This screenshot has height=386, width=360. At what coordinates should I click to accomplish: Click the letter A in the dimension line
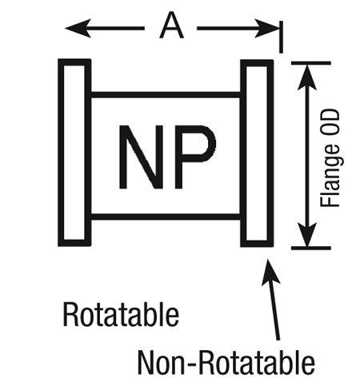[x=171, y=26]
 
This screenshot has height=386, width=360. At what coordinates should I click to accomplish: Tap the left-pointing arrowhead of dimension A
[x=78, y=28]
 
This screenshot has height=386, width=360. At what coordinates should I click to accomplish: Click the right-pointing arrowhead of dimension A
[x=266, y=28]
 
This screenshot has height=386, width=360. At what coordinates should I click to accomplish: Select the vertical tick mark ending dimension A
[x=281, y=37]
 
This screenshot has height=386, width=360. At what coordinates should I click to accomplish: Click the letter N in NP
[x=141, y=157]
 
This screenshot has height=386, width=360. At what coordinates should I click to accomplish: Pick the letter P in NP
[x=195, y=157]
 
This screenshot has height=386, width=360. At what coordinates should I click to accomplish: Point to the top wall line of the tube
[x=166, y=94]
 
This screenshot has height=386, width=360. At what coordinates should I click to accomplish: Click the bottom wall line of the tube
[x=166, y=217]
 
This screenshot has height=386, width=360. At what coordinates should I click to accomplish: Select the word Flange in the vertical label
[x=331, y=175]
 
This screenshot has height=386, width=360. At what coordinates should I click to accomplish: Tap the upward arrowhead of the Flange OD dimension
[x=307, y=78]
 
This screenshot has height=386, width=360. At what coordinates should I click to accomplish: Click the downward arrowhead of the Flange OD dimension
[x=307, y=234]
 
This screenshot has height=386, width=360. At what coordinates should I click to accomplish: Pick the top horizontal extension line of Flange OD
[x=311, y=63]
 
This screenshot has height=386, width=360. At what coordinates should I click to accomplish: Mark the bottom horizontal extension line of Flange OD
[x=311, y=248]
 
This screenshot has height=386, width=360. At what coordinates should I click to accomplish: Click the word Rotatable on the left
[x=121, y=314]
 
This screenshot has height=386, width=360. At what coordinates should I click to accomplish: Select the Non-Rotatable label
[x=226, y=363]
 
